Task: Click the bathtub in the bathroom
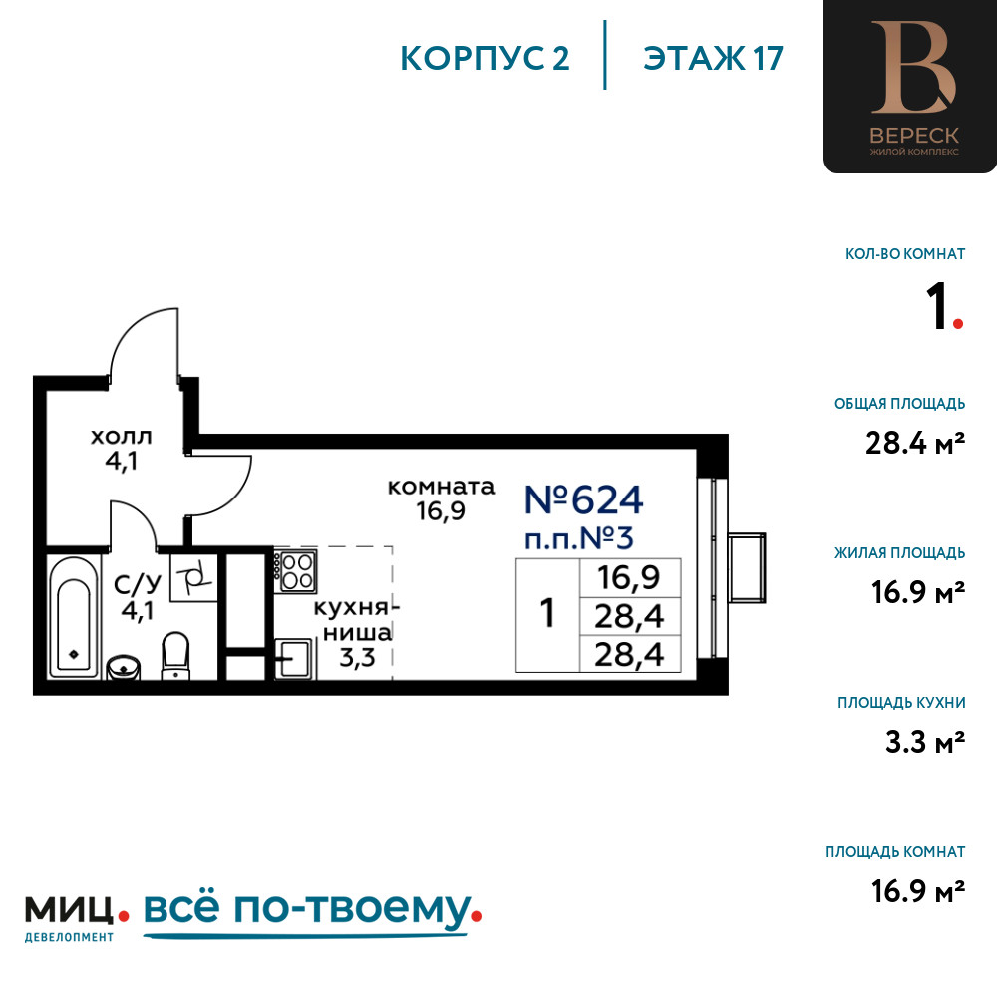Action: click(x=74, y=617)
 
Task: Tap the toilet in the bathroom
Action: click(x=175, y=656)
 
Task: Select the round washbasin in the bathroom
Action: click(x=124, y=668)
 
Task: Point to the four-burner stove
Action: click(x=296, y=571)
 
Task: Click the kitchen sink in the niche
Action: click(x=294, y=658)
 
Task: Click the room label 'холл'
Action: click(x=122, y=437)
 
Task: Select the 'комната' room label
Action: click(x=441, y=488)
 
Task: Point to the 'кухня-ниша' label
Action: click(x=356, y=620)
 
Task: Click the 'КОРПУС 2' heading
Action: click(x=485, y=58)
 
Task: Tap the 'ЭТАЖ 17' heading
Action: click(x=713, y=58)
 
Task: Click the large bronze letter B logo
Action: click(x=913, y=67)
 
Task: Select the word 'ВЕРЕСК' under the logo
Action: click(x=913, y=136)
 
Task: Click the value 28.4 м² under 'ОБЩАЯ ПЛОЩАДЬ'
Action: click(x=915, y=443)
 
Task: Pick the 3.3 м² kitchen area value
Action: click(x=925, y=742)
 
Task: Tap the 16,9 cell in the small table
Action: click(x=629, y=577)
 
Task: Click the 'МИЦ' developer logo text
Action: click(x=70, y=910)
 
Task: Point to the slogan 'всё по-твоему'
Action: click(x=307, y=908)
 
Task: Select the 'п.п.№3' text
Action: click(x=578, y=539)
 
